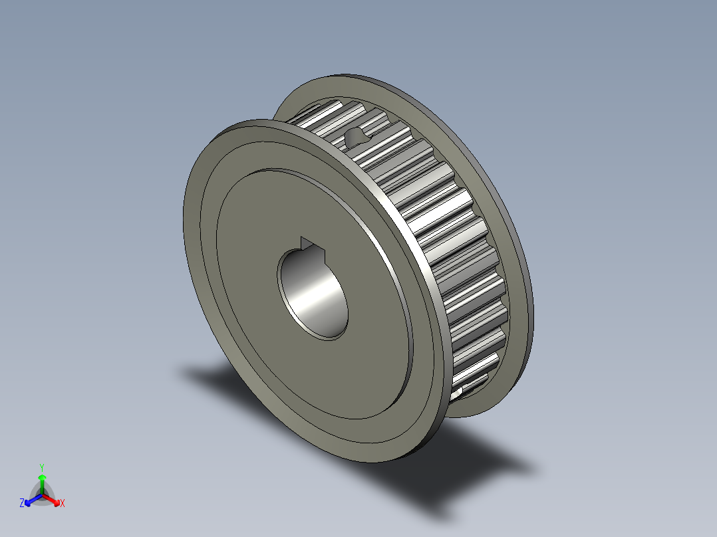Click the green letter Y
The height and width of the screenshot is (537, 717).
[x=42, y=467]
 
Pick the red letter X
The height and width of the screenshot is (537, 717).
[x=63, y=504]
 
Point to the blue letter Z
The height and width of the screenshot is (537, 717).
[x=22, y=504]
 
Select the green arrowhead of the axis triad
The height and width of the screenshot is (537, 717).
[x=42, y=477]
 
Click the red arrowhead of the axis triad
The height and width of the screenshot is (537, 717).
[x=56, y=500]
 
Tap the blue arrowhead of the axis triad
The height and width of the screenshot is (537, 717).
[x=29, y=501]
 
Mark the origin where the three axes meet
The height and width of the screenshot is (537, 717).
[x=42, y=494]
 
